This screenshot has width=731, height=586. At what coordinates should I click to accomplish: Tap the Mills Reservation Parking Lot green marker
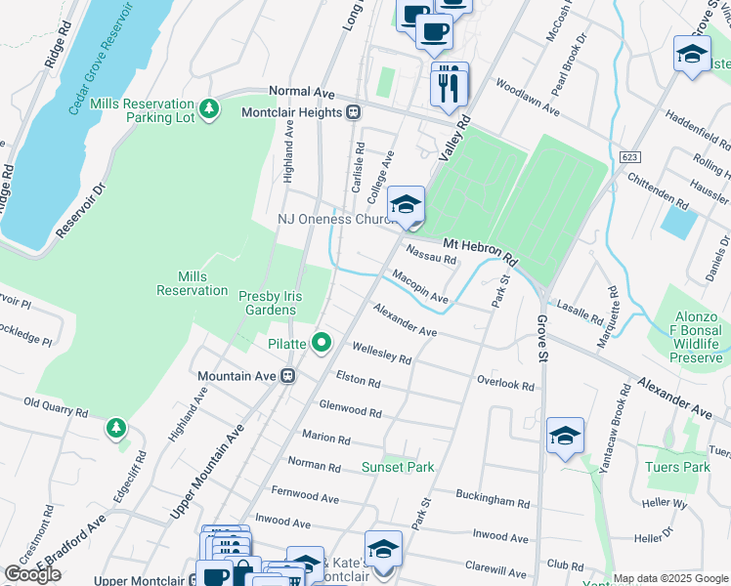208,107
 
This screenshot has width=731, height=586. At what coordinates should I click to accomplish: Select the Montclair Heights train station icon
354,112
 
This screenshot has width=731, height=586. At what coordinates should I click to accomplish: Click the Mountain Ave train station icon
288,376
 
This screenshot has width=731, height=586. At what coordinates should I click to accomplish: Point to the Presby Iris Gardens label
267,302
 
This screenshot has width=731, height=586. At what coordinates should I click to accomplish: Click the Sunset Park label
398,467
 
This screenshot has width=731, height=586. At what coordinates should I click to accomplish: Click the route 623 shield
630,155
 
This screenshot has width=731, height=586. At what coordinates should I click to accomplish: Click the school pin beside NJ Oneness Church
406,205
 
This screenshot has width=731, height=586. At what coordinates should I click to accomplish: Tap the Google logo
33,574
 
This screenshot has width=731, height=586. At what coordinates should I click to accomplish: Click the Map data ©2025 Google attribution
670,578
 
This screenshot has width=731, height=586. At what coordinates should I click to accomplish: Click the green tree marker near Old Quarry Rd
116,427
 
